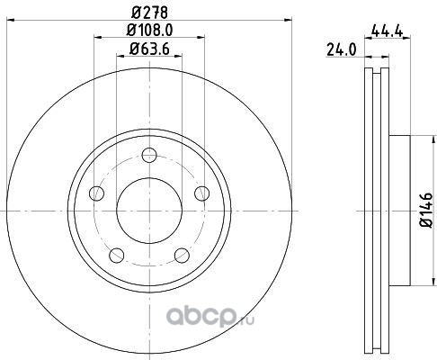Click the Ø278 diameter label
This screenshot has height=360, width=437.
(149, 13)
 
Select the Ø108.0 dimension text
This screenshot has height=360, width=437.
(149, 30)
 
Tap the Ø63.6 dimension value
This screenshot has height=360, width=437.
(149, 49)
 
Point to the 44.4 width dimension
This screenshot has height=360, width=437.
(387, 31)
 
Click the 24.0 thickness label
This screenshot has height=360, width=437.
(342, 49)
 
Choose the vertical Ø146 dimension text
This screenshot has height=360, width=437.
(426, 210)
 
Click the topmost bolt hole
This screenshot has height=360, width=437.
(149, 155)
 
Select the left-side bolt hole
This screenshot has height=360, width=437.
(96, 193)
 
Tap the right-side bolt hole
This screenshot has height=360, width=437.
(202, 193)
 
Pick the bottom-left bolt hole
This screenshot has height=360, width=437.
(117, 256)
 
